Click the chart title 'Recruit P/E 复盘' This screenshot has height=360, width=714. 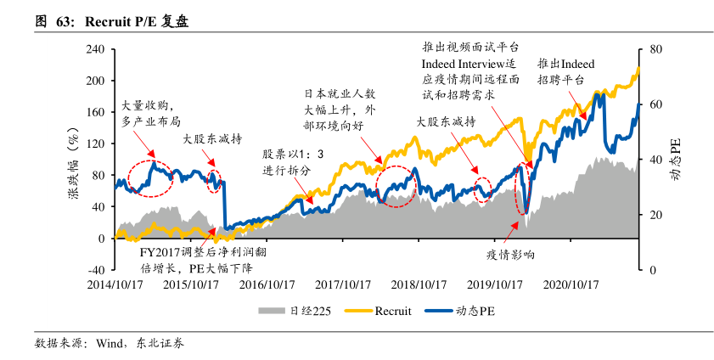(x=136, y=22)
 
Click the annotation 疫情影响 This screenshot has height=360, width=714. (x=509, y=254)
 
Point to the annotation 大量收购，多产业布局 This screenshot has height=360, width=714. (x=150, y=114)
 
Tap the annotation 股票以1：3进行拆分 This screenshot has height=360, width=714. (x=293, y=161)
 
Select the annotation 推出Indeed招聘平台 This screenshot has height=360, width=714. (x=565, y=71)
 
